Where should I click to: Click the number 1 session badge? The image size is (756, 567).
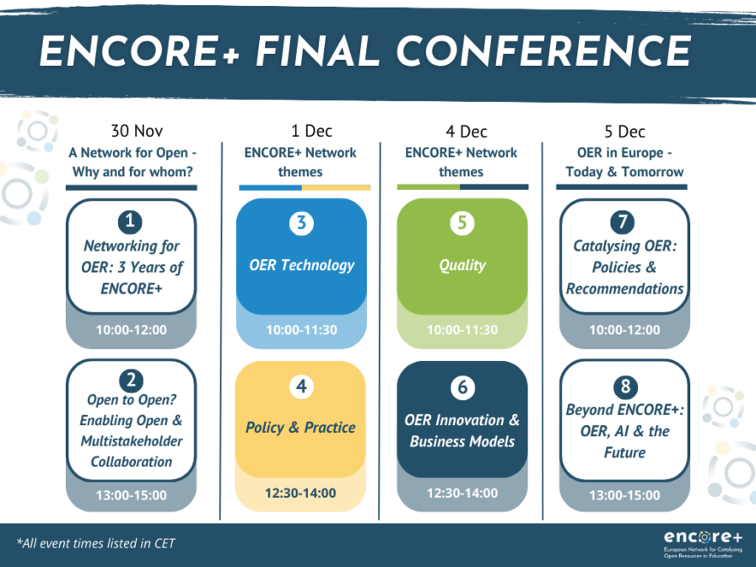(130, 221)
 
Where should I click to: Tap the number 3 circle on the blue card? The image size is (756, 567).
(301, 224)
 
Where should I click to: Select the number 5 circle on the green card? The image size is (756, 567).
(462, 224)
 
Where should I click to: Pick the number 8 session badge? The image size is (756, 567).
(625, 386)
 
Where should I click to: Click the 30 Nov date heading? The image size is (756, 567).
(137, 131)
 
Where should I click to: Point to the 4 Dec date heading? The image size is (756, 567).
(467, 131)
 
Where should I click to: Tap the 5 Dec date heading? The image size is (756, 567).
(625, 131)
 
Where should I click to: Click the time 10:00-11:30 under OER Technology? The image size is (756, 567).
(301, 330)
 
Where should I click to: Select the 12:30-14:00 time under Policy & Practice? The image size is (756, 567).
(300, 493)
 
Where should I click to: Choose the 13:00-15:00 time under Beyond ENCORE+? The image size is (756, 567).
(624, 495)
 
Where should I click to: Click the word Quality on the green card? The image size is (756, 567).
(462, 265)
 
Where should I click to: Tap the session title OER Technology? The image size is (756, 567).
(301, 265)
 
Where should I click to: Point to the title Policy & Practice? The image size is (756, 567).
(300, 427)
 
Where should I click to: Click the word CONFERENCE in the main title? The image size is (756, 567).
(543, 51)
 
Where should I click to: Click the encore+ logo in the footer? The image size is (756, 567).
(703, 543)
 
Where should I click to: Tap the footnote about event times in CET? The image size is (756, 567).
(95, 543)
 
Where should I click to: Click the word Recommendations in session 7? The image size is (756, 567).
(624, 289)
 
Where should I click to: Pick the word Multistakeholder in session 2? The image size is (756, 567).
(132, 441)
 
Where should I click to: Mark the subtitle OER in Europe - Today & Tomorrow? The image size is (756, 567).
(624, 162)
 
